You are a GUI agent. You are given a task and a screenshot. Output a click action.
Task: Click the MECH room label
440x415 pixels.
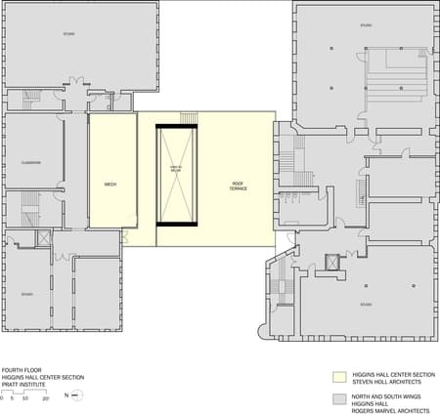(110, 184)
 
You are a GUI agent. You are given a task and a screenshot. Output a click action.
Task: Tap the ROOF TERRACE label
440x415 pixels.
(238, 185)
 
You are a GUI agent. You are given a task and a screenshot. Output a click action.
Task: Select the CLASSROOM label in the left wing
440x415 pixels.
(29, 162)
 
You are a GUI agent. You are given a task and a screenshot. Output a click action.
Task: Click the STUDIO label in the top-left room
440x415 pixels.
(69, 33)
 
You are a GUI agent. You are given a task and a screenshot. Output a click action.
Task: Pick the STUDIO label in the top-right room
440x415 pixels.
(366, 24)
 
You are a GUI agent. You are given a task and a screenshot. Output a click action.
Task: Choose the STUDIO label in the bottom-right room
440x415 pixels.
(365, 305)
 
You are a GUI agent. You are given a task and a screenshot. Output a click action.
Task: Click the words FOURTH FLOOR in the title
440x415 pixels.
(22, 370)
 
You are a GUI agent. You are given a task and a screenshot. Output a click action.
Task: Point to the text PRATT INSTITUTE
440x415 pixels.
(23, 384)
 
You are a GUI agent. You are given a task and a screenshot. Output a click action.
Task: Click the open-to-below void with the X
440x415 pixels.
(177, 176)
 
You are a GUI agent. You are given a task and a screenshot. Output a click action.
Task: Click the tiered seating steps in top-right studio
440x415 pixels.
(397, 74)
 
